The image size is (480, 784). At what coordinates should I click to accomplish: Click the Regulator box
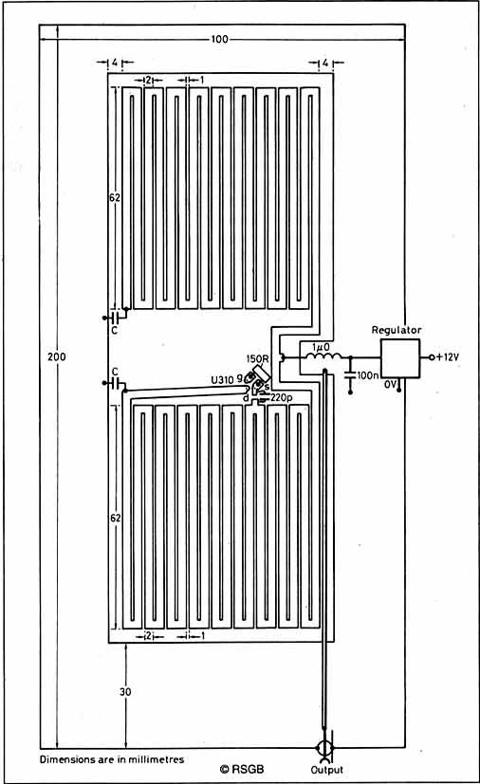400,358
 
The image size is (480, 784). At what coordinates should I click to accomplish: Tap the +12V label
448,357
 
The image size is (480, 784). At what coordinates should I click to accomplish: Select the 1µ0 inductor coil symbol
323,357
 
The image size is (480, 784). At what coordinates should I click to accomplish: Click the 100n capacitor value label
369,375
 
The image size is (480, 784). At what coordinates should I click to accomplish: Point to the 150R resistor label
258,358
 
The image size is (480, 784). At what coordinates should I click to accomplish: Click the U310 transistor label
222,380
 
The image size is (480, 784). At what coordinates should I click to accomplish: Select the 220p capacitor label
282,398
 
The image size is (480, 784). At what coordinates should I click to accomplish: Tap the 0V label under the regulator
391,384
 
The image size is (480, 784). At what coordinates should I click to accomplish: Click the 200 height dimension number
56,357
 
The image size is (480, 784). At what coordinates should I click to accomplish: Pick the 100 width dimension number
220,39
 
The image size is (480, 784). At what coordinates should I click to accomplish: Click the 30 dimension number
125,692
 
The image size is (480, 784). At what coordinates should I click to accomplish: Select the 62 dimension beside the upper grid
115,197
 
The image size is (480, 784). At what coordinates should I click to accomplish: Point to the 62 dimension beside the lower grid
116,519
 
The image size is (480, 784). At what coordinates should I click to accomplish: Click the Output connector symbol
323,748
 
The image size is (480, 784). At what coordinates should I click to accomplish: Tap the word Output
327,770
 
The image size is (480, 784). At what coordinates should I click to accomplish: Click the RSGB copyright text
242,769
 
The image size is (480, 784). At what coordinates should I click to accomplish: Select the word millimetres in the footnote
157,759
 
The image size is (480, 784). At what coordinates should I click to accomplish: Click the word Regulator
397,330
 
